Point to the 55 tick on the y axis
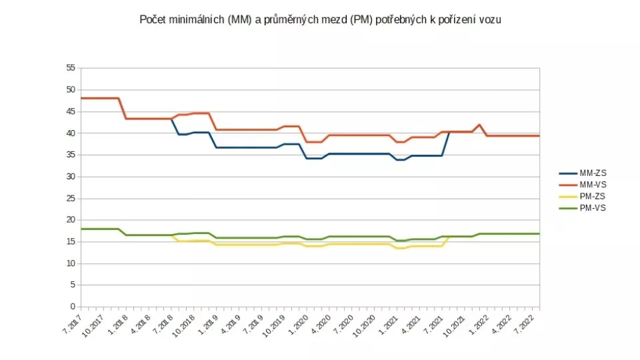(71, 68)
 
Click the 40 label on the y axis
(71, 133)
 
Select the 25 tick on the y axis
(71, 199)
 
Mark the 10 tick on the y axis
(71, 263)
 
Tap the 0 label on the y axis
(73, 307)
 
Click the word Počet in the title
(153, 20)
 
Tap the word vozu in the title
(489, 20)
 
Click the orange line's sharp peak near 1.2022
(479, 125)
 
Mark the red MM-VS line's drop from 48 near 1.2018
(123, 109)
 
